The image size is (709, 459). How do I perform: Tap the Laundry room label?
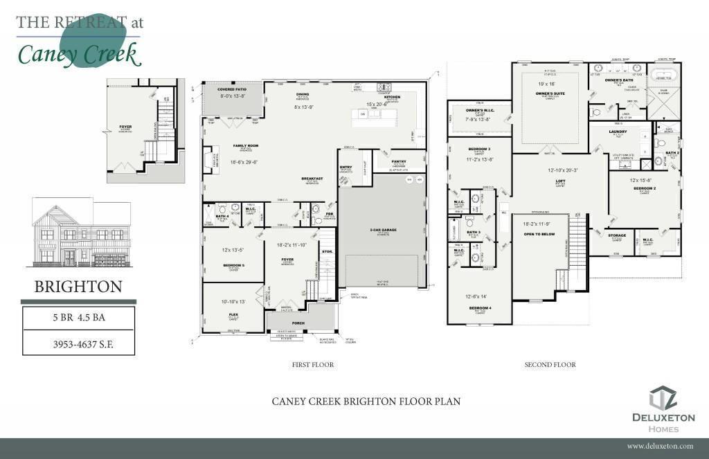[x=618, y=131]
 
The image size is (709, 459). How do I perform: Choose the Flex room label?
[x=233, y=314]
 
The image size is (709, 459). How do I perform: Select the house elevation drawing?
[x=80, y=233]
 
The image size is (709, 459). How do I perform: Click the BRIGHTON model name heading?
[x=78, y=287]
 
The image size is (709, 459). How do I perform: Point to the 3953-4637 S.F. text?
[x=78, y=343]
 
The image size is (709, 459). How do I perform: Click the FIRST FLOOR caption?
[x=313, y=364]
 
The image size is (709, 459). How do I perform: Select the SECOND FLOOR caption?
[x=550, y=364]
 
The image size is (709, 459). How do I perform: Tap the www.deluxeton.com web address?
[x=660, y=447]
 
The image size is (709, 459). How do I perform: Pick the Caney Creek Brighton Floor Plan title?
[x=366, y=402]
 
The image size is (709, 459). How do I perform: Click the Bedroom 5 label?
[x=233, y=265]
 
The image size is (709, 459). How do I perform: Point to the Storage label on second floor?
[x=617, y=235]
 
